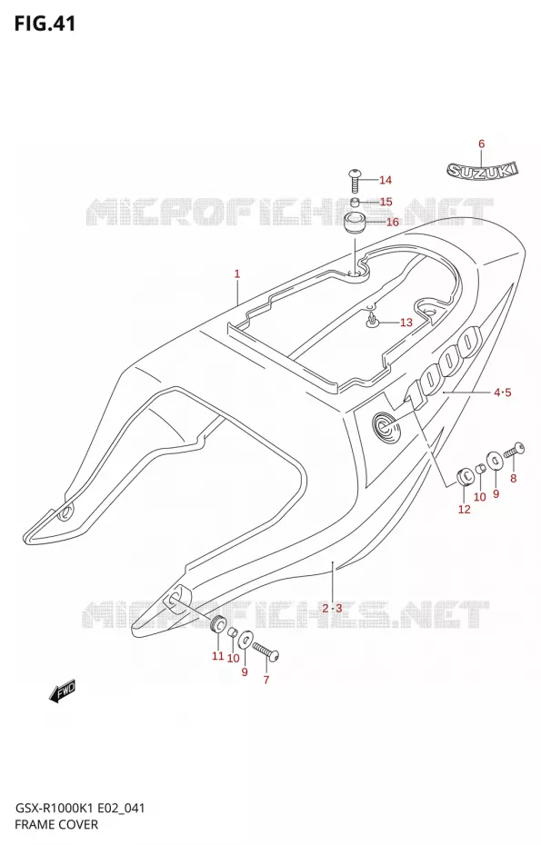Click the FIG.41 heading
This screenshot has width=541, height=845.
point(45,24)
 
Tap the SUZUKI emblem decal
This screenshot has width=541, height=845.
point(482,170)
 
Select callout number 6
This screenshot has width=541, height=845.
point(481,144)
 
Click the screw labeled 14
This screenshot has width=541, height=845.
point(355,181)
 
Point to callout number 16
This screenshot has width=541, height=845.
point(392,222)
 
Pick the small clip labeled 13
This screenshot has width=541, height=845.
point(372,321)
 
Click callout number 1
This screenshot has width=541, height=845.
point(236,273)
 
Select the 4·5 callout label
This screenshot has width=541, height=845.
point(502,393)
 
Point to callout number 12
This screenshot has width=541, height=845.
point(464,509)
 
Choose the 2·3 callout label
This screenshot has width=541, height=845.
point(332,609)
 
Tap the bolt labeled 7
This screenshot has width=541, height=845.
point(265,650)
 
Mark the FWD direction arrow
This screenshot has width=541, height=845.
point(63,691)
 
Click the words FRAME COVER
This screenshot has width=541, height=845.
point(56,824)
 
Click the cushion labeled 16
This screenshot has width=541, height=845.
point(356,224)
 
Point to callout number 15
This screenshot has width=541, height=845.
point(386,202)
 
